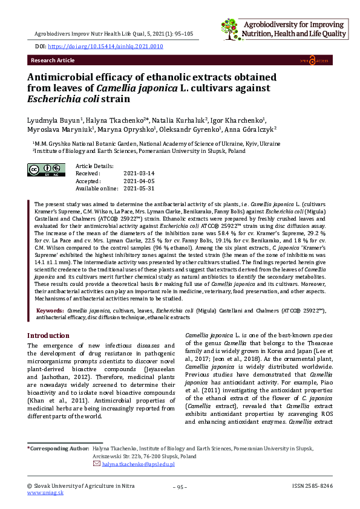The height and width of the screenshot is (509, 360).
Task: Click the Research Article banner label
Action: click(x=52, y=60)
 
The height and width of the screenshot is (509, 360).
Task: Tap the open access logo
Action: click(x=320, y=60)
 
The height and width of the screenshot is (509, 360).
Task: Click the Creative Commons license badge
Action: click(x=46, y=170)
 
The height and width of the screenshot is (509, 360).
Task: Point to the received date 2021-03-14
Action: click(x=139, y=173)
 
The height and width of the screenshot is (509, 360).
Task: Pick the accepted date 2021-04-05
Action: click(x=139, y=181)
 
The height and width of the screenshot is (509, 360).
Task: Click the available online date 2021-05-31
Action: click(x=139, y=188)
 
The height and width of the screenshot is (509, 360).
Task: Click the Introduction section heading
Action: click(x=49, y=336)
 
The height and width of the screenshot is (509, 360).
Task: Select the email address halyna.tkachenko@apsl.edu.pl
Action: click(x=138, y=464)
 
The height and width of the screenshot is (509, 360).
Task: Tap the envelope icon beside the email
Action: click(x=97, y=464)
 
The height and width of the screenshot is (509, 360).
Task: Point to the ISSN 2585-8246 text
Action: click(x=312, y=486)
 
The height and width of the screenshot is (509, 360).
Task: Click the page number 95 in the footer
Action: click(x=180, y=487)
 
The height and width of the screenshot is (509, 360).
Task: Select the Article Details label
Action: click(x=95, y=166)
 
